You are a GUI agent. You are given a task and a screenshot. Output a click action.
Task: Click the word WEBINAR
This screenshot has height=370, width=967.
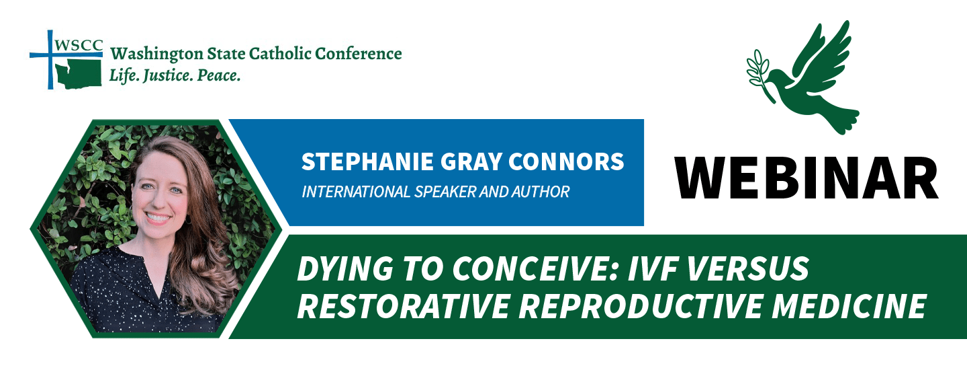pyautogui.click(x=807, y=178)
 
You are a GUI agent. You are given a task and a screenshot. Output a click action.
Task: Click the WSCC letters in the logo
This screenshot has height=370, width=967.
pyautogui.click(x=79, y=45)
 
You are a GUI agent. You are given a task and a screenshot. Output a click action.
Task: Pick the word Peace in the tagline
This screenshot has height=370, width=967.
pyautogui.click(x=219, y=75)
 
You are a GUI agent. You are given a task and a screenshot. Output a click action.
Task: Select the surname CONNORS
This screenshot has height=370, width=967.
pyautogui.click(x=566, y=161)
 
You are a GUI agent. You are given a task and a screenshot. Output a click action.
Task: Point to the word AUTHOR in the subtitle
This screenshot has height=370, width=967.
pyautogui.click(x=541, y=192)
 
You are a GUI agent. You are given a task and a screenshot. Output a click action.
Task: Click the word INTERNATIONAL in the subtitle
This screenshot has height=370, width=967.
pyautogui.click(x=356, y=192)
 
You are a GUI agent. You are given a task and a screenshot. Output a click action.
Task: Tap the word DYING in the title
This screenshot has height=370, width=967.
pyautogui.click(x=345, y=269)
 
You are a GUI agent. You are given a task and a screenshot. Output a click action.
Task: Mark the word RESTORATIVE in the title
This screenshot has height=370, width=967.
pyautogui.click(x=403, y=306)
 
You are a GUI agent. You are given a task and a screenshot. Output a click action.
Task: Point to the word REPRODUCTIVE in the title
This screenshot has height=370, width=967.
pyautogui.click(x=641, y=306)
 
